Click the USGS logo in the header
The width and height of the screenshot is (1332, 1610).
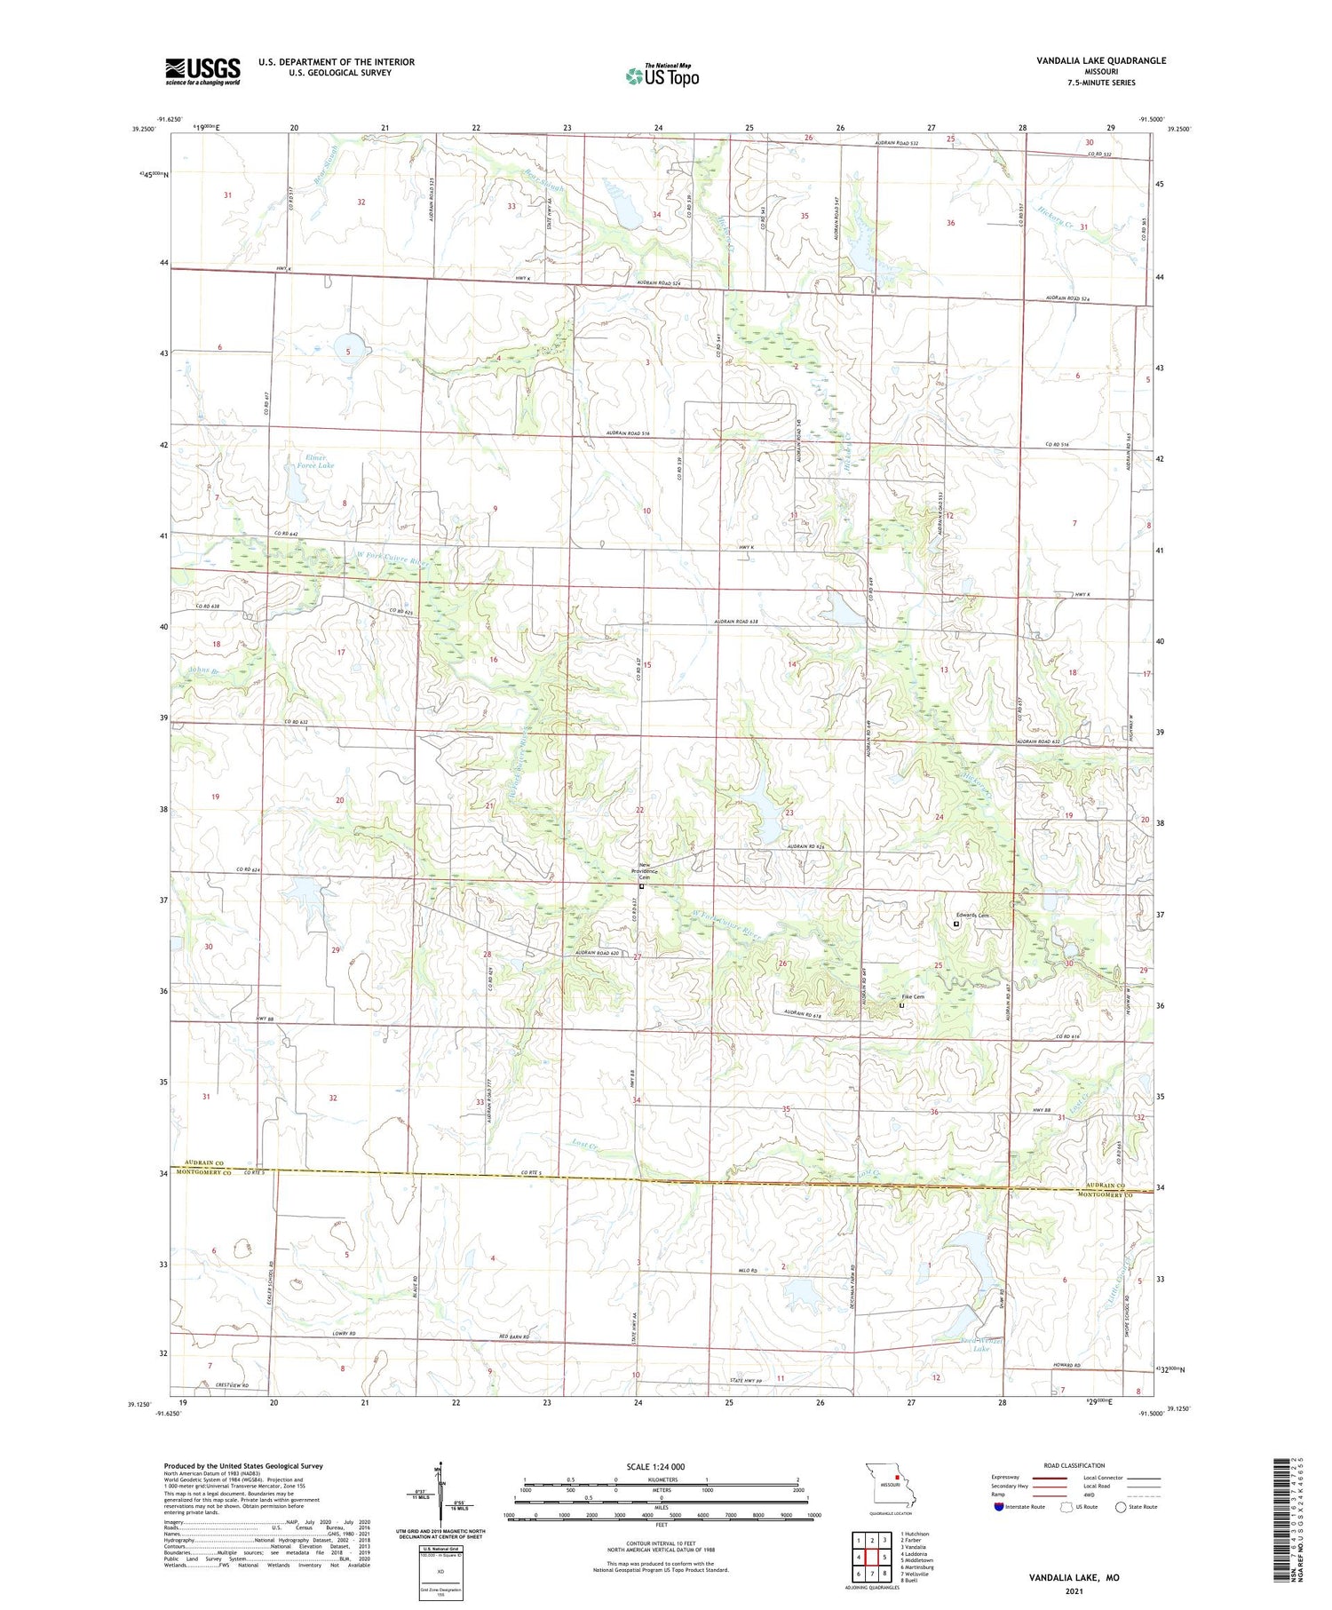pyautogui.click(x=202, y=71)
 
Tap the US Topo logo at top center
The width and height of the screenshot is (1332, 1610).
pyautogui.click(x=662, y=75)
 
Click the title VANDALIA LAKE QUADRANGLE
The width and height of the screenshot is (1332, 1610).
pyautogui.click(x=1100, y=60)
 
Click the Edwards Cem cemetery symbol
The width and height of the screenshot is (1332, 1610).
pyautogui.click(x=956, y=924)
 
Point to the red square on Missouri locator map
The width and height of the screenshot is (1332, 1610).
pyautogui.click(x=897, y=1479)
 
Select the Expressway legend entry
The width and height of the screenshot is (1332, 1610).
pyautogui.click(x=1006, y=1478)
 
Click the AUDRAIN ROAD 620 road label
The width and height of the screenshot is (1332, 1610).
pyautogui.click(x=595, y=953)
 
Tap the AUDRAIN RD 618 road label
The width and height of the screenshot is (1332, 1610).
pyautogui.click(x=805, y=1013)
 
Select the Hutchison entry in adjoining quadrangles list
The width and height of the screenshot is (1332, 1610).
pyautogui.click(x=914, y=1534)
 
